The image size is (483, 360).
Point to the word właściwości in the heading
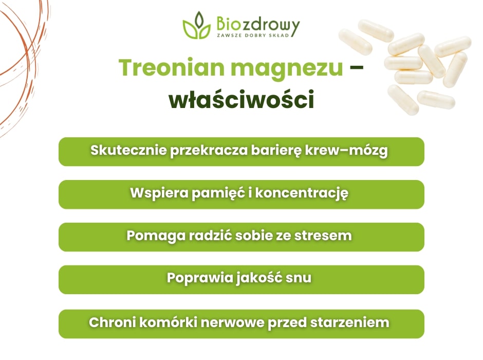click(241, 100)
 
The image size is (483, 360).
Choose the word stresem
click(328, 236)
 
